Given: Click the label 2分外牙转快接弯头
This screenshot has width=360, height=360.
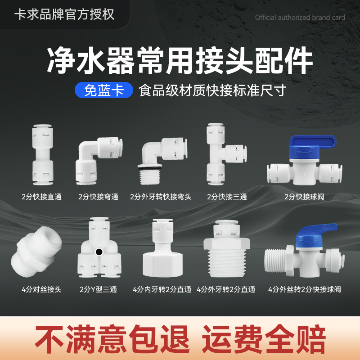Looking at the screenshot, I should pyautogui.click(x=161, y=197).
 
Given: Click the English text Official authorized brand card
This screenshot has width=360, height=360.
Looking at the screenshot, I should pyautogui.click(x=300, y=18).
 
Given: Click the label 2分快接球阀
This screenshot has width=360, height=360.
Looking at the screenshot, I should pyautogui.click(x=304, y=197).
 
